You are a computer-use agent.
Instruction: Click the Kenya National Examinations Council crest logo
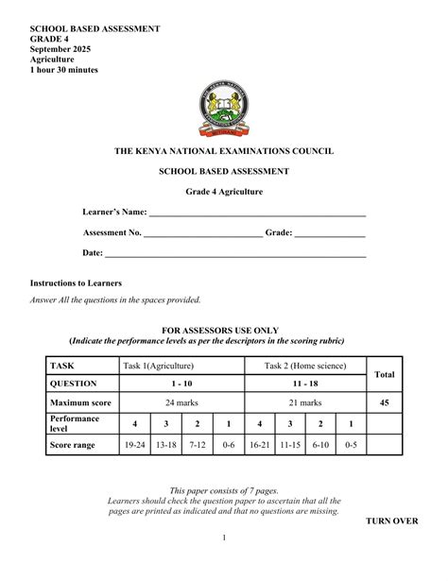224,110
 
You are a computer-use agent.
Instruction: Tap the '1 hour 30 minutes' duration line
64,70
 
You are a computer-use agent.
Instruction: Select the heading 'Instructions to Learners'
76,283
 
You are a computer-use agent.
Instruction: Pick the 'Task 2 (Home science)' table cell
305,366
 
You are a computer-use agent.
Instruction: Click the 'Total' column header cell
384,375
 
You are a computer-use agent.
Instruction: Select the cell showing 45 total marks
384,402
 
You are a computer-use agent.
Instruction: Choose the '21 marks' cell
305,402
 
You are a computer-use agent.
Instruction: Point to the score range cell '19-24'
135,444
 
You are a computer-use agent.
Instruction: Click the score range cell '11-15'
290,444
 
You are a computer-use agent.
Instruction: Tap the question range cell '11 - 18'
305,384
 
